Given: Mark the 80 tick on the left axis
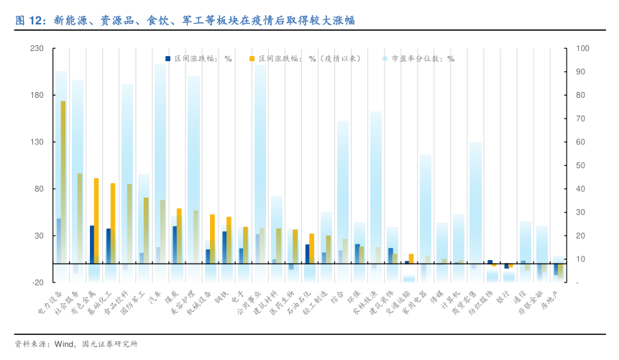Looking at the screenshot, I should click(40, 189).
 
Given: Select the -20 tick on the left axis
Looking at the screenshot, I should click(38, 282).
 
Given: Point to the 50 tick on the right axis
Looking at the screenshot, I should click(582, 165).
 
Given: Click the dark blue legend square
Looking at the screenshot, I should click(168, 59).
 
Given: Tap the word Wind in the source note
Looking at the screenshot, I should click(65, 343).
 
